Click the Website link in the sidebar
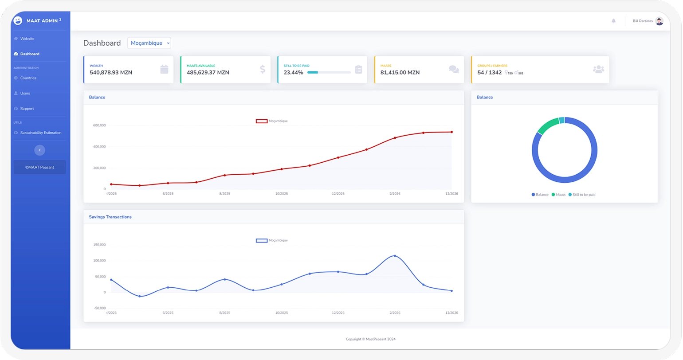pos(27,39)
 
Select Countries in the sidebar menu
pos(28,78)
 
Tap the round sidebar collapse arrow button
pos(39,150)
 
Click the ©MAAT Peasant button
pos(39,167)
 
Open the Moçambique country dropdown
pos(149,43)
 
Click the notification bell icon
pos(613,21)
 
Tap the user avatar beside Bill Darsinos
pos(659,21)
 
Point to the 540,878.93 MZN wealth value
pos(111,73)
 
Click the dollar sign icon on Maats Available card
pos(263,69)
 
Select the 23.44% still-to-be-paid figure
pos(293,73)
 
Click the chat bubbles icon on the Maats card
pos(454,69)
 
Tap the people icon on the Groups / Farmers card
pos(599,69)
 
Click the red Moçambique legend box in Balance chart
pos(262,121)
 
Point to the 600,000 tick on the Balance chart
pos(99,125)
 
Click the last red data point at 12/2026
pos(451,132)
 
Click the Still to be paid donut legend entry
pos(582,195)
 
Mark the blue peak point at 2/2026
pos(395,256)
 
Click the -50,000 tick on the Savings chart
pos(100,308)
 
